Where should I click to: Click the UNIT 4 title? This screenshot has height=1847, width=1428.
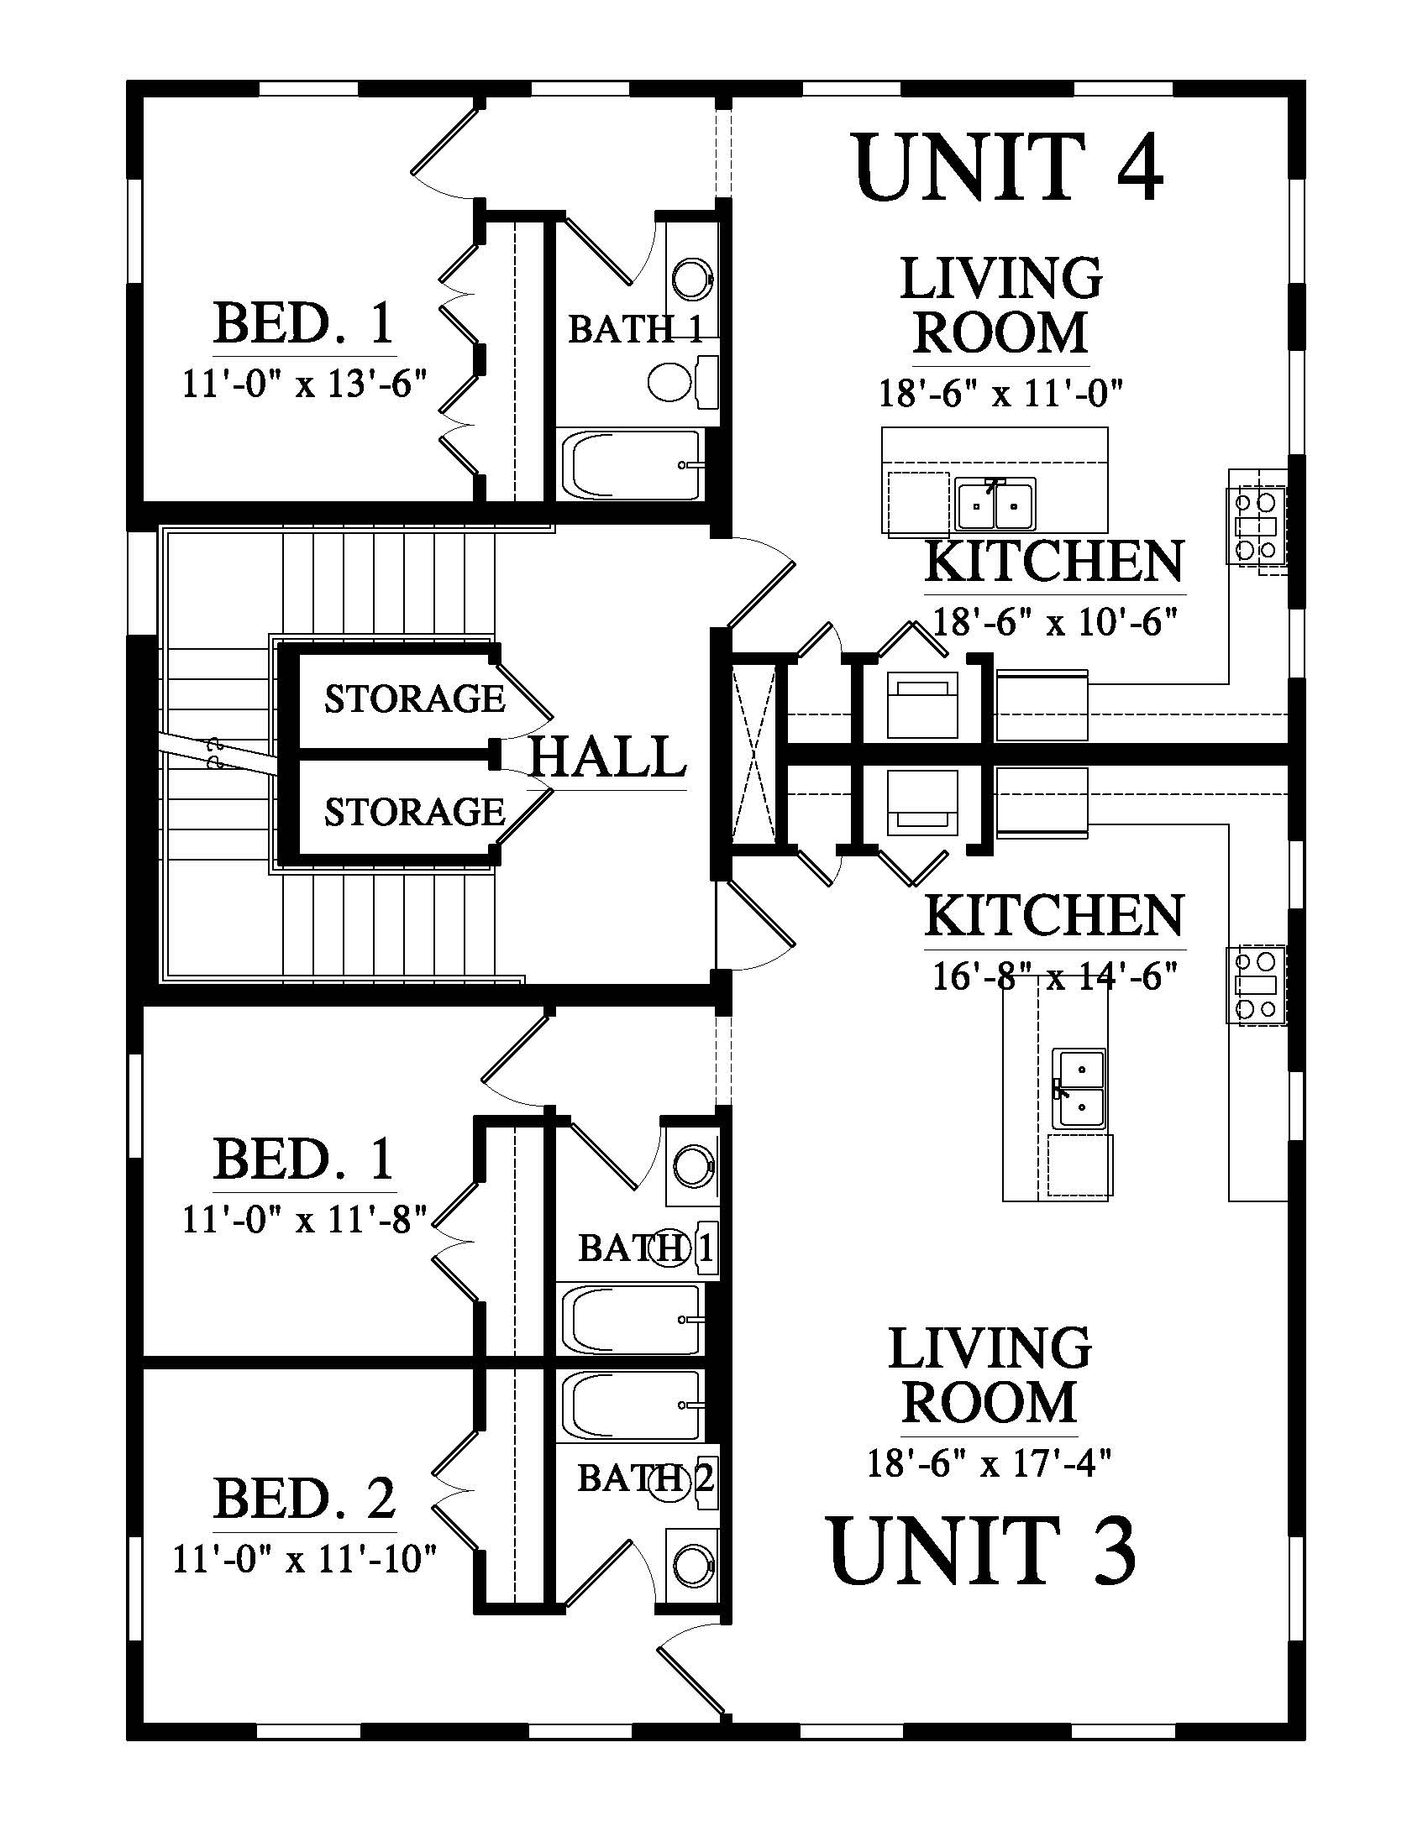coord(1008,166)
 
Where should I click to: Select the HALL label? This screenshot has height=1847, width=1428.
coord(606,756)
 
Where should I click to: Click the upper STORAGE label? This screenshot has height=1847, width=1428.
coord(414,699)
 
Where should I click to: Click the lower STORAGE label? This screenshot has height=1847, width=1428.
coord(414,812)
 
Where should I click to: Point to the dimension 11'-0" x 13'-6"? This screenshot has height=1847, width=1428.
coord(303,385)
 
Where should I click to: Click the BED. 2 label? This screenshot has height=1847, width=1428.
coord(305,1499)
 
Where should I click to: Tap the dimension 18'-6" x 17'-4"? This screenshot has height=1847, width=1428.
coord(989,1462)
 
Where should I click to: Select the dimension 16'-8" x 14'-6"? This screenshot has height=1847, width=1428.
coord(1055,976)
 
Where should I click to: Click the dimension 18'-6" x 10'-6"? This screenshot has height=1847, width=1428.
coord(1055,623)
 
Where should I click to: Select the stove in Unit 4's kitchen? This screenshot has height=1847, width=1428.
coord(1257,528)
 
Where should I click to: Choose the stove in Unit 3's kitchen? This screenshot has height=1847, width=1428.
coord(1257,986)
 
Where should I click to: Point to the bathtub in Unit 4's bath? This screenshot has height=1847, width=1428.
coord(631,465)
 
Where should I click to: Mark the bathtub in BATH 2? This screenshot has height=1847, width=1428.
coord(631,1405)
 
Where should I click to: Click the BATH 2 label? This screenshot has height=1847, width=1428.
coord(646,1478)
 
